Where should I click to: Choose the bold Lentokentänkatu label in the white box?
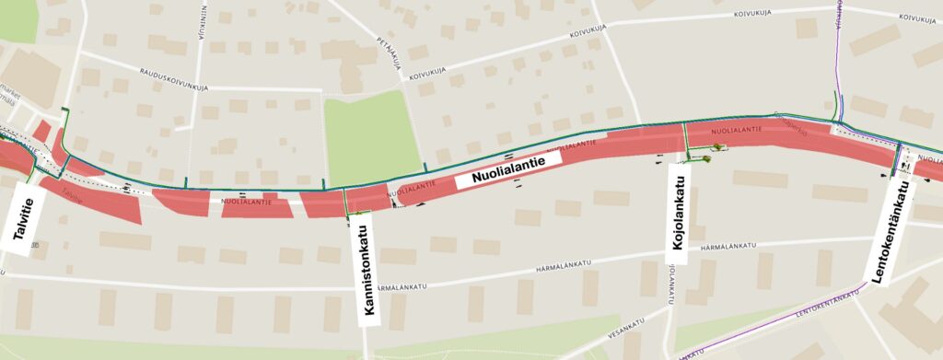coord(891,231)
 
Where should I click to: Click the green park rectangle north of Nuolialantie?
coord(371,137)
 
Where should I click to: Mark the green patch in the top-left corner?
coord(17,20)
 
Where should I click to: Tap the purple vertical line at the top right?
coord(839,55)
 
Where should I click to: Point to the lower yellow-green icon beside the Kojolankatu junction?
coord(707,159)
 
